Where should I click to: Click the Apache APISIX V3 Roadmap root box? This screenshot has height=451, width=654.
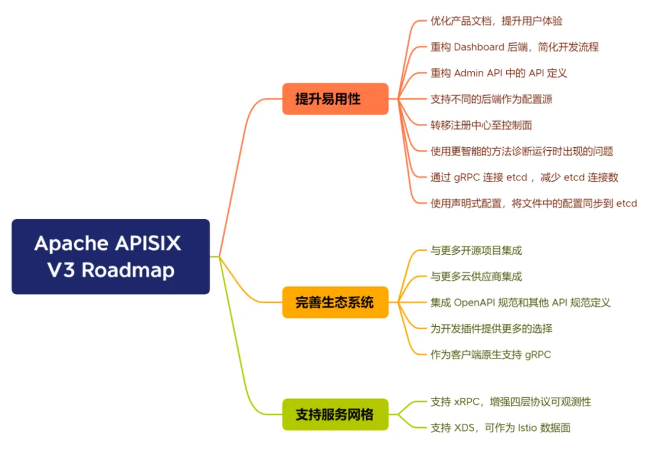point(111,256)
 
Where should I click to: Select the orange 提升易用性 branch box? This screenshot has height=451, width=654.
point(335,99)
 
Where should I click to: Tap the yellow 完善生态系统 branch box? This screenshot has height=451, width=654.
point(335,302)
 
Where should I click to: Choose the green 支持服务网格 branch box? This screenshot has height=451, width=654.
point(335,415)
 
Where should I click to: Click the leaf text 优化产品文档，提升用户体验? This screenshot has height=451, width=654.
point(496,21)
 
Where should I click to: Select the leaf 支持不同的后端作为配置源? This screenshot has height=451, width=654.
point(490,99)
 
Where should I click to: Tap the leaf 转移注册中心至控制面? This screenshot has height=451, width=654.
point(481,125)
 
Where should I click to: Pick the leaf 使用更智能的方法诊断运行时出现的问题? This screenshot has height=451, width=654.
point(521,151)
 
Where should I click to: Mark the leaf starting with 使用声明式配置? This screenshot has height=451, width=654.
point(533,203)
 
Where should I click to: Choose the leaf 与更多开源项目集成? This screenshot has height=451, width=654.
point(476,251)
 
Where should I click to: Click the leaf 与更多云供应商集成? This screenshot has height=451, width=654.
point(476,277)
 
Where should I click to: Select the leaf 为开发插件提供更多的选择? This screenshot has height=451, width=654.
point(490,329)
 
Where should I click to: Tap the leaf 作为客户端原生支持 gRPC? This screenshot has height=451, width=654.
point(490,355)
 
